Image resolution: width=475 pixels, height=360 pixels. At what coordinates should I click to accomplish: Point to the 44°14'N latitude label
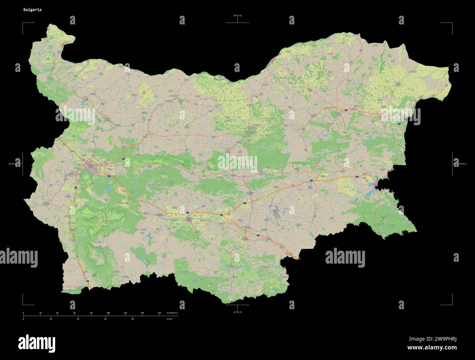click(237, 16)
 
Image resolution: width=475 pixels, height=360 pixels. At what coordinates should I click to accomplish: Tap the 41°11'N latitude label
click(237, 312)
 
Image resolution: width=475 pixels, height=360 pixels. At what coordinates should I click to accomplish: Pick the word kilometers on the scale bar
click(172, 313)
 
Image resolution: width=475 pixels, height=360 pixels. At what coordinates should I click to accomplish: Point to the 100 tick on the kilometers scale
click(108, 313)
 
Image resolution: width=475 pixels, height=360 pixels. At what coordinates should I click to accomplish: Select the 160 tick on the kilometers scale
click(159, 313)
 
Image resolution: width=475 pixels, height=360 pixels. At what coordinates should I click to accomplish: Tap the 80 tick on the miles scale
click(132, 319)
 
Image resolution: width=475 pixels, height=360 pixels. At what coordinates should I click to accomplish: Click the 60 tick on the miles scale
click(105, 319)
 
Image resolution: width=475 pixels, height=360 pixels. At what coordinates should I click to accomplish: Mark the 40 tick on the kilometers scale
click(57, 313)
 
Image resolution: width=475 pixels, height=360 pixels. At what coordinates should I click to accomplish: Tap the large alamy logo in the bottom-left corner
click(37, 343)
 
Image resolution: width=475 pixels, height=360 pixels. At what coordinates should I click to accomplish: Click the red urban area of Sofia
click(90, 167)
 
